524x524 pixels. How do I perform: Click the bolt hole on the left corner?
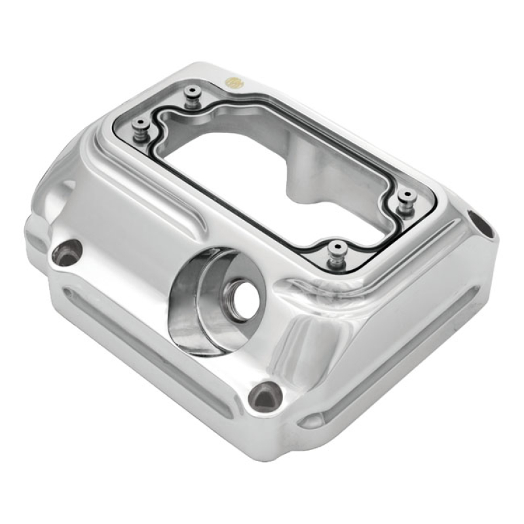[x=67, y=253]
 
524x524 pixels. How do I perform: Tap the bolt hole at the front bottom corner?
[x=266, y=395]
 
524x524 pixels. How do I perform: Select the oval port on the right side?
[x=480, y=223]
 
